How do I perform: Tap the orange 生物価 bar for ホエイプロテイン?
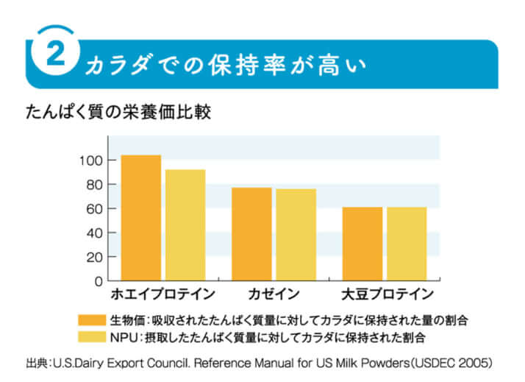coord(140,217)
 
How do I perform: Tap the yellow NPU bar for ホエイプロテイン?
coord(185,224)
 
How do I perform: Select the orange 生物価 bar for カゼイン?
coord(251,234)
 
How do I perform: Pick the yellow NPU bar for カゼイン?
coord(296,234)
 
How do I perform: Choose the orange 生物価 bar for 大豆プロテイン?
coord(362,244)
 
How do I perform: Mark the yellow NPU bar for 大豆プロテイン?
coord(407,244)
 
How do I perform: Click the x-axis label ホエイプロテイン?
coord(162,294)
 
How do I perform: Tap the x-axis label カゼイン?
coord(274,294)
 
